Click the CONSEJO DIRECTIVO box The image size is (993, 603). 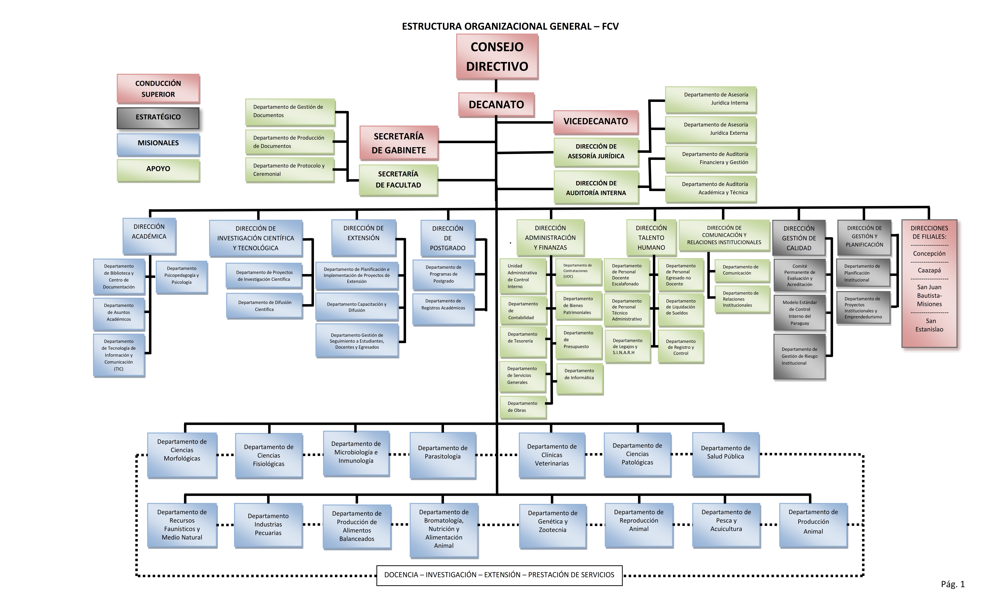(497, 56)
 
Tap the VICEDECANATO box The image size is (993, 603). (596, 121)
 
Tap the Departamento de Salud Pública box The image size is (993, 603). (725, 455)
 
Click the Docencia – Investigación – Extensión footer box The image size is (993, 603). (499, 575)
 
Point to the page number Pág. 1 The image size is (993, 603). (953, 584)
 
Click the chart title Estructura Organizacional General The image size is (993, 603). (510, 26)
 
